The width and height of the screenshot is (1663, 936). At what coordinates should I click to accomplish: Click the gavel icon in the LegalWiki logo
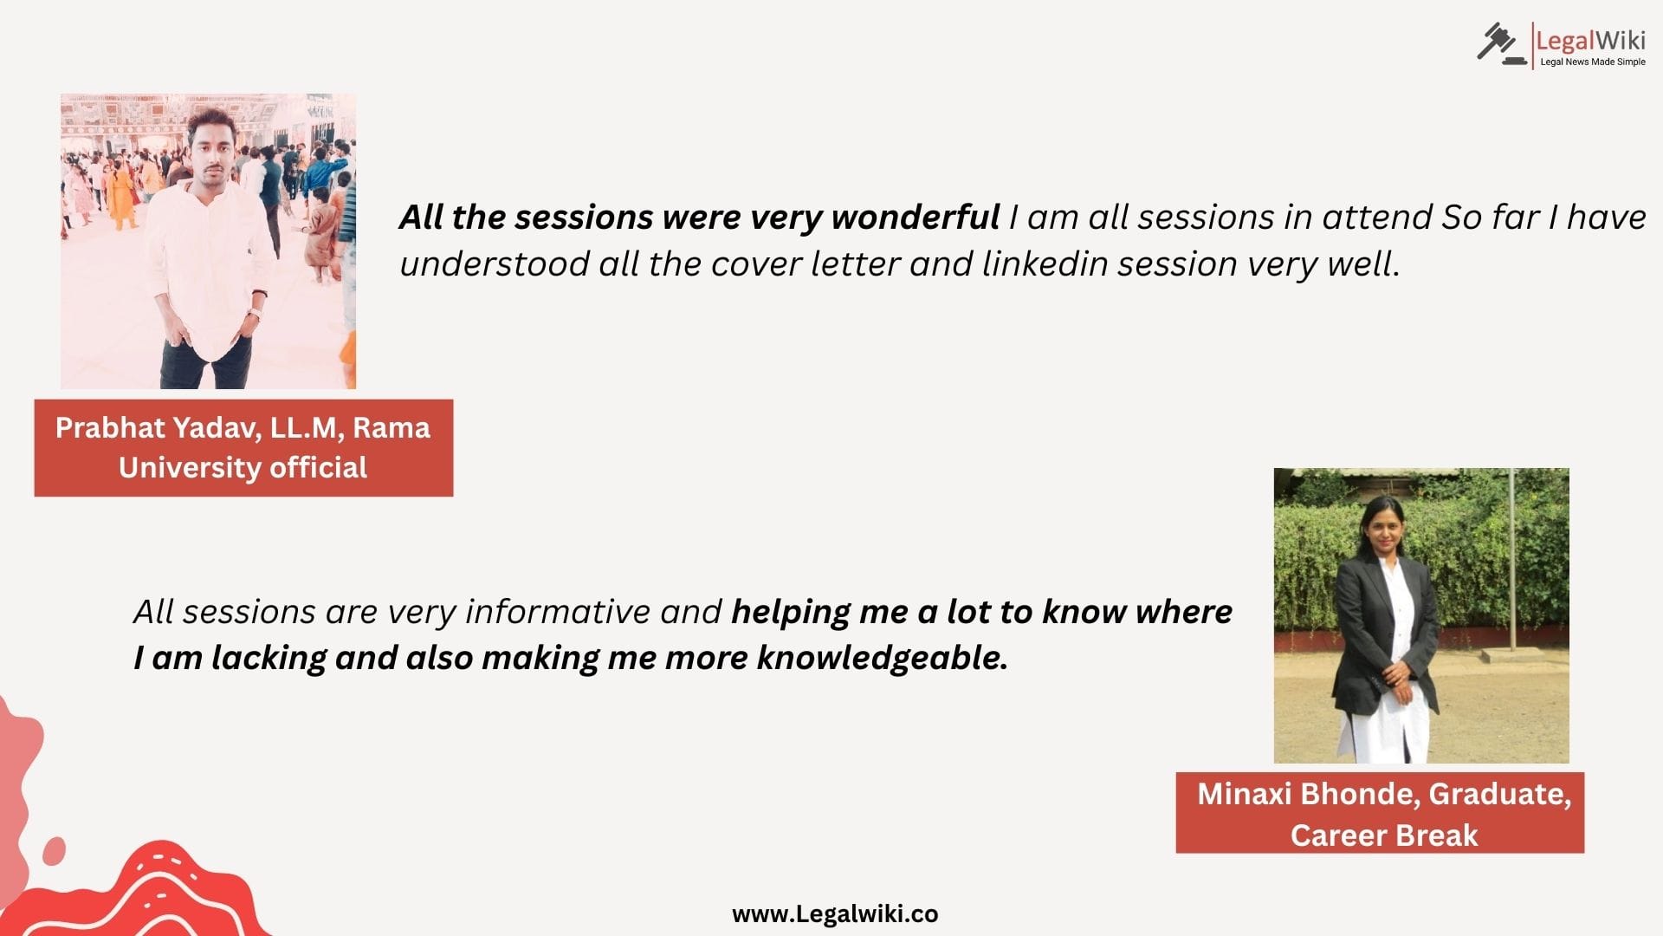pyautogui.click(x=1502, y=44)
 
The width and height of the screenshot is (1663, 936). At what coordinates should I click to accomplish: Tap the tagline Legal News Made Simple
pyautogui.click(x=1592, y=62)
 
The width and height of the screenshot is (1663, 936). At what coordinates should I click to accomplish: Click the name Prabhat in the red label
pyautogui.click(x=109, y=428)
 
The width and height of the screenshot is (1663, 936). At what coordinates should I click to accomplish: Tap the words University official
pyautogui.click(x=243, y=468)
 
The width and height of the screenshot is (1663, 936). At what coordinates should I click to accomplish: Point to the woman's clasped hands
pyautogui.click(x=1393, y=673)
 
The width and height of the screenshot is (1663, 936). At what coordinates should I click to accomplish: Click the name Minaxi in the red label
pyautogui.click(x=1245, y=794)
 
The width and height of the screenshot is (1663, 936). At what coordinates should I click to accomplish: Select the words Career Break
pyautogui.click(x=1384, y=835)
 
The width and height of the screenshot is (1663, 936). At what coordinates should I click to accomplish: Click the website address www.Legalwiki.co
pyautogui.click(x=835, y=914)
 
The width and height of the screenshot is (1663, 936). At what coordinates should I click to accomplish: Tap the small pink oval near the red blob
pyautogui.click(x=54, y=850)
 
